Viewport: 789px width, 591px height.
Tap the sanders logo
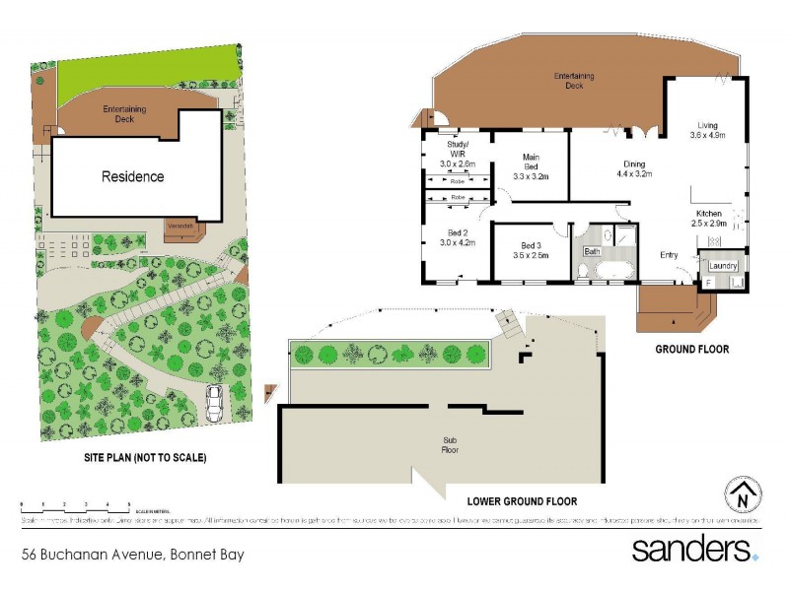pos(694,548)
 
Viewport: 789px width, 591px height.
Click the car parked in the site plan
pos(216,402)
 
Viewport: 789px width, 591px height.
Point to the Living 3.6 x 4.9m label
pos(707,130)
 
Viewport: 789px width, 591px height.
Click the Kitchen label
pos(708,219)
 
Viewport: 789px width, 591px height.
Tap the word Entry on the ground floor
pos(670,255)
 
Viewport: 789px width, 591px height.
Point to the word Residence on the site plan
pos(133,177)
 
